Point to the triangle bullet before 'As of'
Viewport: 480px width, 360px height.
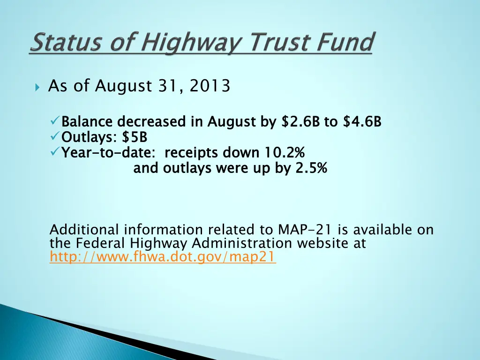click(37, 87)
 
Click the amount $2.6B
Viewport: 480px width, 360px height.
click(300, 122)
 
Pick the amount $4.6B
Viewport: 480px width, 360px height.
click(362, 122)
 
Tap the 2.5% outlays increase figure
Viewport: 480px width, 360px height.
click(311, 168)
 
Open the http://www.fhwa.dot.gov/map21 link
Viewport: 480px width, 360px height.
click(163, 257)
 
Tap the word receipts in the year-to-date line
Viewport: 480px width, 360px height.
click(192, 153)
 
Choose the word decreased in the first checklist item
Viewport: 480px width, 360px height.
click(152, 122)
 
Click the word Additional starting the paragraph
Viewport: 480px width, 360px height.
click(85, 230)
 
